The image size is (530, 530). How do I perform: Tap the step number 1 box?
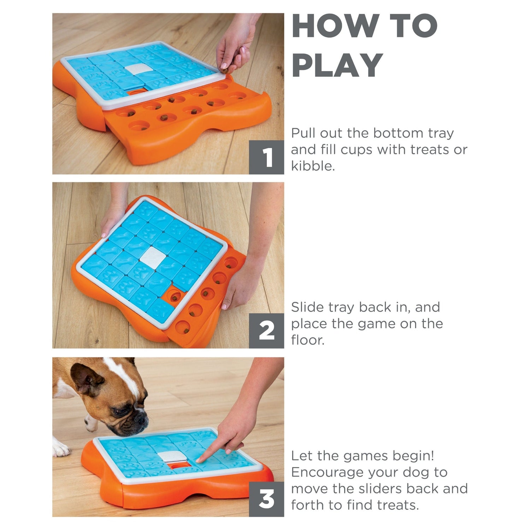pos(266,157)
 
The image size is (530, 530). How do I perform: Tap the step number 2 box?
pos(266,331)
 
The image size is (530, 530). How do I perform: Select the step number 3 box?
pos(266,499)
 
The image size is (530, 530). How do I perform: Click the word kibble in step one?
pos(313,166)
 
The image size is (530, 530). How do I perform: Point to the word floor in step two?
pos(308,340)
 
